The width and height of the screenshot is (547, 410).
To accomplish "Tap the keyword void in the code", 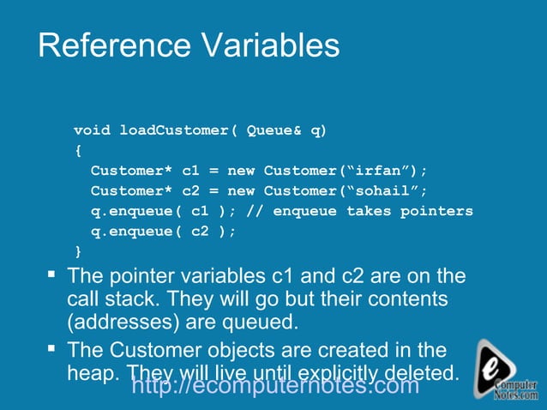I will [x=92, y=130].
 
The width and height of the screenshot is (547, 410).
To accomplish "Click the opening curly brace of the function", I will [x=78, y=150].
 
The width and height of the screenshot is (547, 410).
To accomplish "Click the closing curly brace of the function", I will [x=78, y=251].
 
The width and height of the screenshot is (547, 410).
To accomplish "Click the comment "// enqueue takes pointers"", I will [x=359, y=211].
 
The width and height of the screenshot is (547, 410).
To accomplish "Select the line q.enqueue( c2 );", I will [x=162, y=232].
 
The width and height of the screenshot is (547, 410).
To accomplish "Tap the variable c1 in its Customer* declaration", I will [x=191, y=171].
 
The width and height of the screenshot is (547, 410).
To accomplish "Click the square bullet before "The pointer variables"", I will [x=51, y=274].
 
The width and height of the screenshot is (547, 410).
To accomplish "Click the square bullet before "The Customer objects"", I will [x=51, y=348].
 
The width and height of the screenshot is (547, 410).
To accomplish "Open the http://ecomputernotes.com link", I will [x=276, y=386].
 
